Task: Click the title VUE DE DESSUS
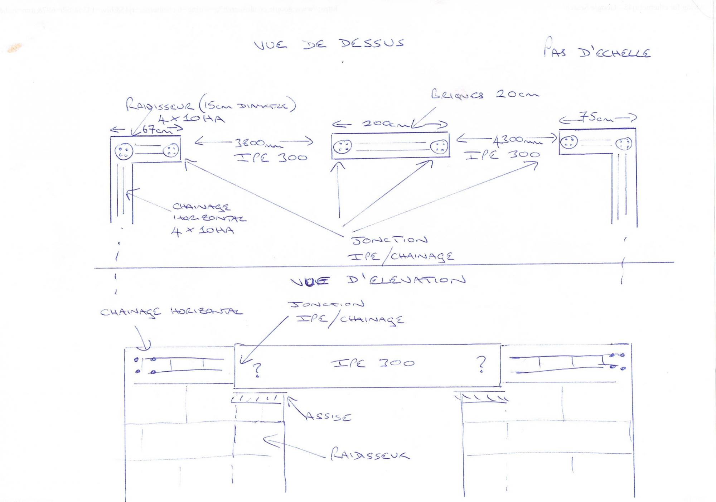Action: (x=329, y=44)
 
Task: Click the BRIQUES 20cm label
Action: (x=485, y=95)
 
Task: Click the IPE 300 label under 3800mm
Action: (x=271, y=158)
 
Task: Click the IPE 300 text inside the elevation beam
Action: (x=372, y=363)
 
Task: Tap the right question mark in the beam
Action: (x=482, y=365)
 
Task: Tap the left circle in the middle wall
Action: (x=342, y=146)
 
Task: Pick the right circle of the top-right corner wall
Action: (x=624, y=144)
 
